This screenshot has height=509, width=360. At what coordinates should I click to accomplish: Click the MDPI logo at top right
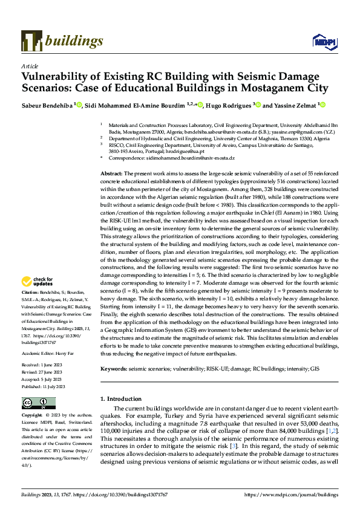pos(323,41)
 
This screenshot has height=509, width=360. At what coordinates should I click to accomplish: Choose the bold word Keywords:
pos(113,368)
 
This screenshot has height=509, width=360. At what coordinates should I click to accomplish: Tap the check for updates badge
pos(36,281)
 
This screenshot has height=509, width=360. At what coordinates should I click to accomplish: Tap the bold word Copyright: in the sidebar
pos(32,416)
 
